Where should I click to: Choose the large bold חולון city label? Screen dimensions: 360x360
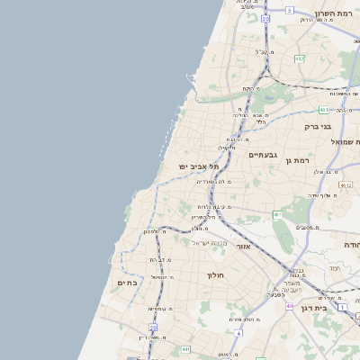(x=215, y=275)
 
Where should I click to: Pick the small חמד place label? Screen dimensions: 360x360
(x=334, y=267)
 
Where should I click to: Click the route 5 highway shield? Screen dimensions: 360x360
(x=290, y=10)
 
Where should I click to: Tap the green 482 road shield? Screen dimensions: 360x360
(x=299, y=58)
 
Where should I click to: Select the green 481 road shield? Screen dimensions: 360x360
(x=322, y=110)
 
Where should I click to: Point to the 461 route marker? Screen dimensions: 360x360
(x=277, y=214)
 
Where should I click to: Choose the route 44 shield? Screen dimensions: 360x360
(x=290, y=307)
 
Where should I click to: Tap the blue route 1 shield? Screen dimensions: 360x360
(x=343, y=307)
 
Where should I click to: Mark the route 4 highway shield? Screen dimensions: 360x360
(x=238, y=333)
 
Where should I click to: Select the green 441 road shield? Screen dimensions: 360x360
(x=185, y=348)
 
